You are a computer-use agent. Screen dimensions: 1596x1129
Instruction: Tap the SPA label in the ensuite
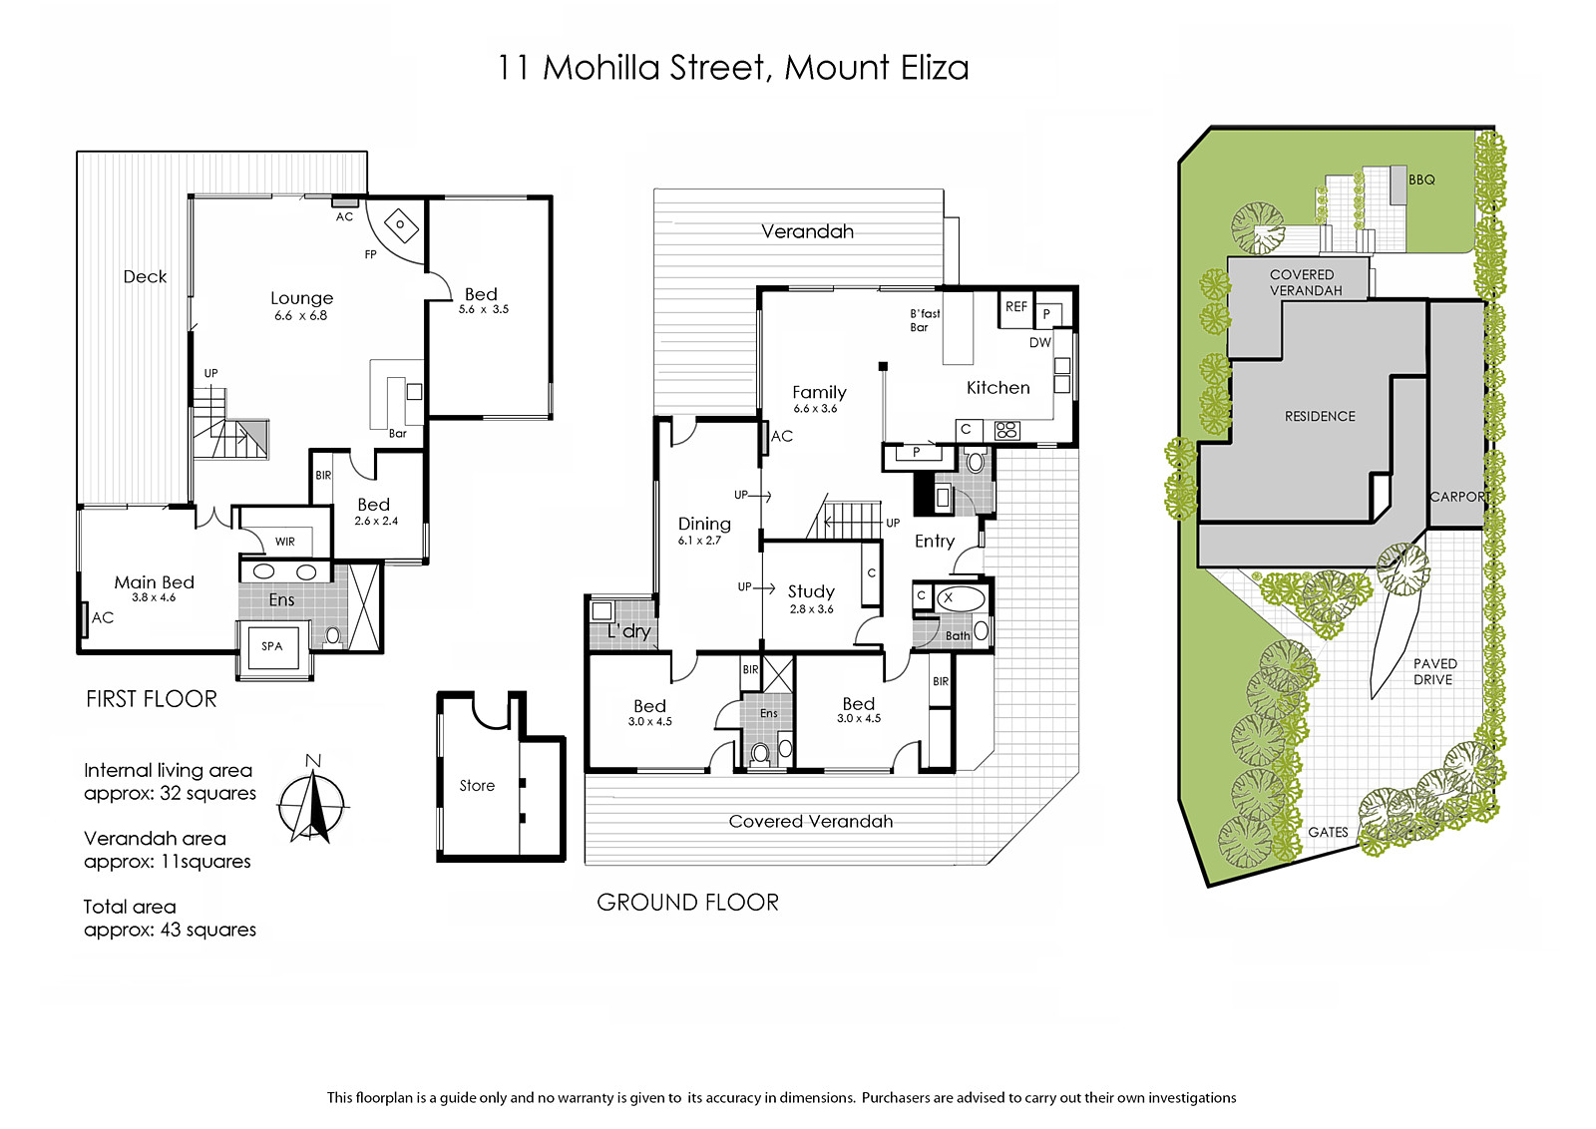[271, 646]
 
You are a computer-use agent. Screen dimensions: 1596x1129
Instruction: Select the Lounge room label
[301, 298]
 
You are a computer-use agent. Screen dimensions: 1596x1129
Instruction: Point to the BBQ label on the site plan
[1421, 181]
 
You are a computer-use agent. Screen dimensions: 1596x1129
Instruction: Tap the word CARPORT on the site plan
[1460, 497]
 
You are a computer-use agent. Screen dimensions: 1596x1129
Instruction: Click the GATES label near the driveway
[1328, 832]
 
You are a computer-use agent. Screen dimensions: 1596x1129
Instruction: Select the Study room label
[811, 591]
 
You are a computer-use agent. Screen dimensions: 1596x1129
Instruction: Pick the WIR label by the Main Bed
[285, 542]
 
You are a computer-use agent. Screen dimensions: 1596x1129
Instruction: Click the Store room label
[477, 786]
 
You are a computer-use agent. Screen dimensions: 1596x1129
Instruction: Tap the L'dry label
[629, 631]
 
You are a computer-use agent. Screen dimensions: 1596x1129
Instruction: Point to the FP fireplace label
[370, 254]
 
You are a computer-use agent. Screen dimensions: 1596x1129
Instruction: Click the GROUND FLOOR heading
[687, 903]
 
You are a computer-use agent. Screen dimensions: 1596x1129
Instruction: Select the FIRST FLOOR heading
[151, 699]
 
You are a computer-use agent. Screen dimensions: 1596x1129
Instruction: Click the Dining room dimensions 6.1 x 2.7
[699, 541]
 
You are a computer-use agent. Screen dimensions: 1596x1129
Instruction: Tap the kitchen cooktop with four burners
[1007, 430]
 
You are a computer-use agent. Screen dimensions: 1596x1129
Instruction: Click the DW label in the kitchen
[1040, 343]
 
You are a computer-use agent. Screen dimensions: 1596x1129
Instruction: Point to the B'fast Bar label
[925, 320]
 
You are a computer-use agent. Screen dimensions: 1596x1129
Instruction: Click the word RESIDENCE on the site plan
[1320, 417]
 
